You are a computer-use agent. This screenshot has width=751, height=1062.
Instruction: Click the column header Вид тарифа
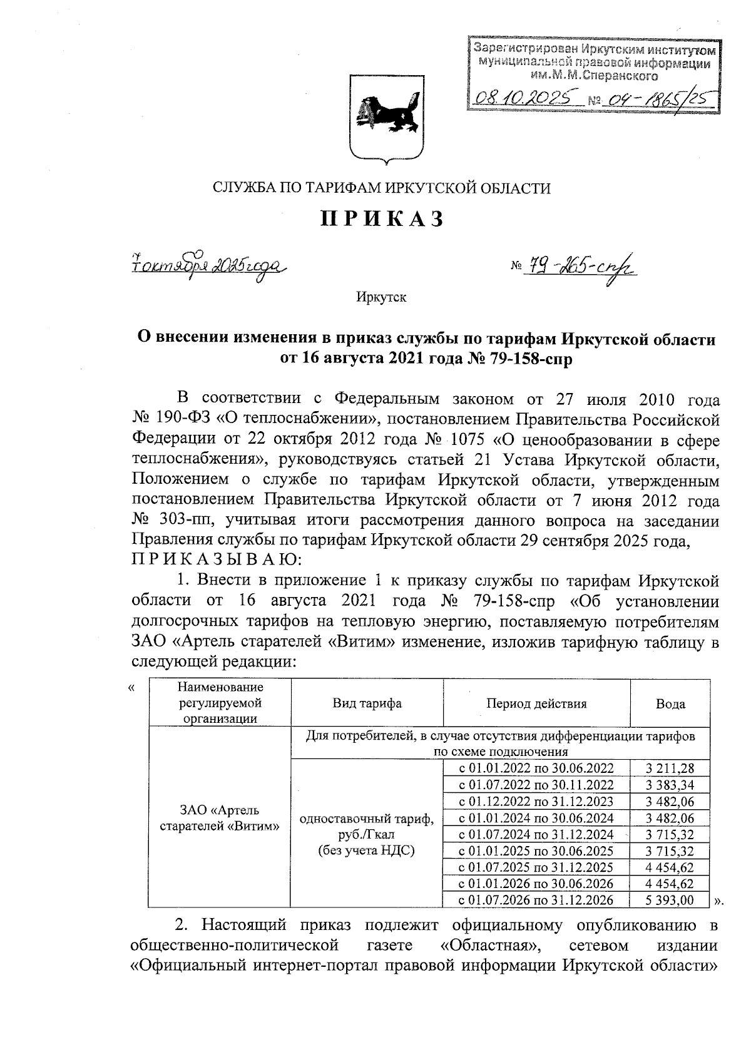coord(367,703)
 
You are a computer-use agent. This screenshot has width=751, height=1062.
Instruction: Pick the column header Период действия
coord(536,703)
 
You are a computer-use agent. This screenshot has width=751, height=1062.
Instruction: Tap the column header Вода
coord(670,704)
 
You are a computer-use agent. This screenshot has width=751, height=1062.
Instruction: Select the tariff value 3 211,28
coord(670,768)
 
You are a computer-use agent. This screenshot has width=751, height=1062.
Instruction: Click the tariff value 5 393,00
coord(670,901)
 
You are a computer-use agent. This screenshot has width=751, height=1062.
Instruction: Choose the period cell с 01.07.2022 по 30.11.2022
coord(536,785)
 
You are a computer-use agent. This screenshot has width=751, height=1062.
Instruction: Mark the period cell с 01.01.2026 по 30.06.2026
coord(536,884)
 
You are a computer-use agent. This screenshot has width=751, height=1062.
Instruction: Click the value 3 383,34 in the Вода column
coord(670,785)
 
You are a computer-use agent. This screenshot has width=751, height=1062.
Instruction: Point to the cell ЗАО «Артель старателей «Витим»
coord(219,818)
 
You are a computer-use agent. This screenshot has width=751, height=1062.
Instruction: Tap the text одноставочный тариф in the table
coord(367,819)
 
